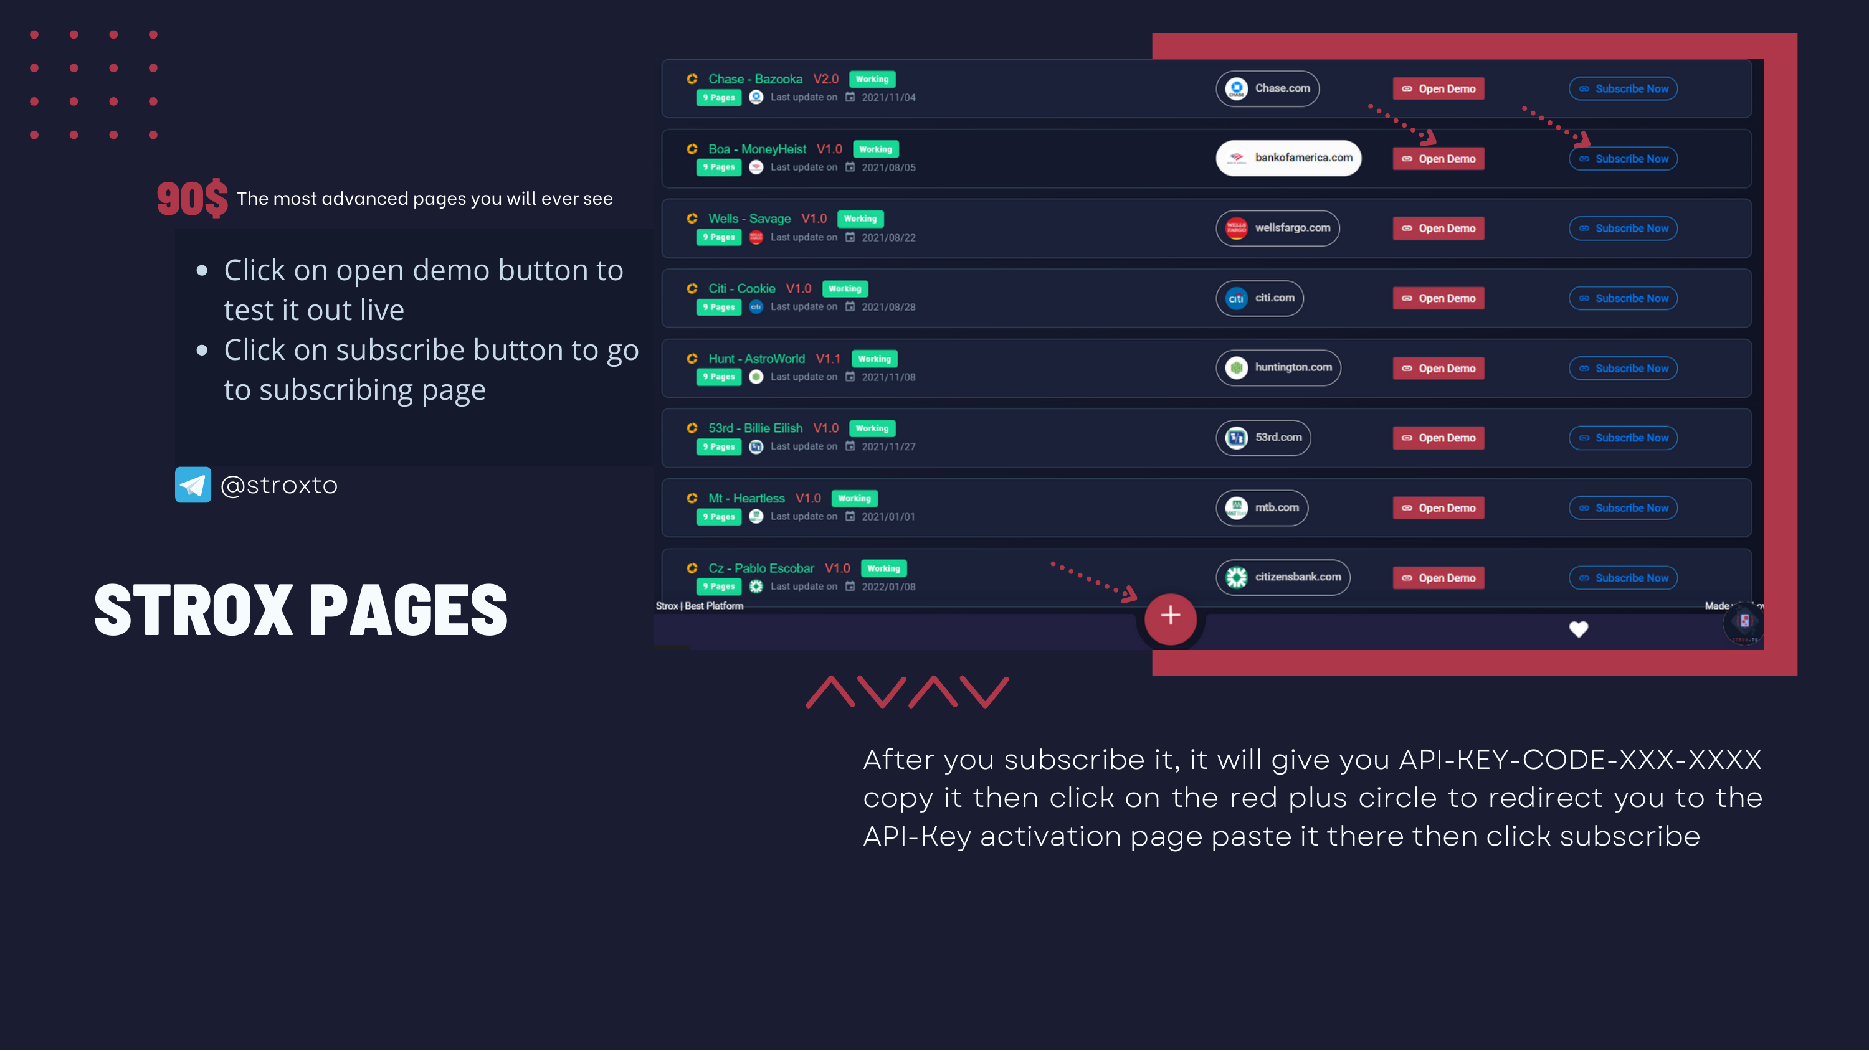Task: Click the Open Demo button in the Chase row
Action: point(1438,88)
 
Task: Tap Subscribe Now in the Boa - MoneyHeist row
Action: point(1623,159)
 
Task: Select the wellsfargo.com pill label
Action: point(1278,228)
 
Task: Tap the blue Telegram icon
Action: point(193,484)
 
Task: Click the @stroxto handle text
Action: point(278,484)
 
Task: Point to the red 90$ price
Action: point(193,198)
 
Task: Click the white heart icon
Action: point(1579,629)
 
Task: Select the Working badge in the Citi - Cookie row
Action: point(845,289)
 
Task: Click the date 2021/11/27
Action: point(889,447)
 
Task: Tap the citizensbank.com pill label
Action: point(1283,577)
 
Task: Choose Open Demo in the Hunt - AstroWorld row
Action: point(1438,369)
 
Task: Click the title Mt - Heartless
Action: point(746,498)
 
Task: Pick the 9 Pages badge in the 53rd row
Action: point(719,447)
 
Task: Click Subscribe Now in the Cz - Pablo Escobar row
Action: point(1623,578)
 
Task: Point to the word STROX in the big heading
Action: point(194,611)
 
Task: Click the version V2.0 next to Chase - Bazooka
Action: point(825,79)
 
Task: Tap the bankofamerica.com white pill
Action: point(1288,158)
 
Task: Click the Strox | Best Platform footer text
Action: point(700,606)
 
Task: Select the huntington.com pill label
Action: point(1278,368)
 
